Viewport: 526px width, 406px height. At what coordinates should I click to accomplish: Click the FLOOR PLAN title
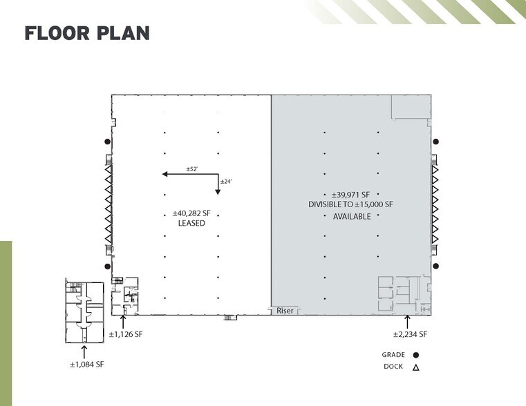coord(87,33)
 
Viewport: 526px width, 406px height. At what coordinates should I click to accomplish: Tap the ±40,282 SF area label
coord(191,213)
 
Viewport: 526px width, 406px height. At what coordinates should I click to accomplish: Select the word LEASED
coord(191,223)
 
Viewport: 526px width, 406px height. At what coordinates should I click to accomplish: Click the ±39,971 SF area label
coord(350,195)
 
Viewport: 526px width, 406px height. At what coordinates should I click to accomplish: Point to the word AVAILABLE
coord(352,216)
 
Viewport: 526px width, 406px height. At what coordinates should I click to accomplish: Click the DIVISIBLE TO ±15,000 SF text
coord(350,204)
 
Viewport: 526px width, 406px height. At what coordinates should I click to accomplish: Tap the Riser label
coord(285,311)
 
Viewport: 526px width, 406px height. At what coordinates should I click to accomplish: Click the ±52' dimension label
coord(192,169)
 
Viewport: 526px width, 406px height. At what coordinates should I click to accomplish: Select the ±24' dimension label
coord(226,182)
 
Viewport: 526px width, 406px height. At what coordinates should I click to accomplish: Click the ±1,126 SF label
coord(126,334)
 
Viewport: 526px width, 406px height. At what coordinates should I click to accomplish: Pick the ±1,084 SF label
coord(87,365)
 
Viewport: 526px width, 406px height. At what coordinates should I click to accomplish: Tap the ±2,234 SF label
coord(411,334)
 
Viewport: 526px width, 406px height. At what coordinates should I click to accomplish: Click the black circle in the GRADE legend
coord(416,355)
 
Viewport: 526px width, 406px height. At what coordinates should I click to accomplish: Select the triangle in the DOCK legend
coord(416,367)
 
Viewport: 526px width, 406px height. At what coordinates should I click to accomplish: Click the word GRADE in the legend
coord(393,355)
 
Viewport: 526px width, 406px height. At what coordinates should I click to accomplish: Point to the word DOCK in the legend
coord(393,367)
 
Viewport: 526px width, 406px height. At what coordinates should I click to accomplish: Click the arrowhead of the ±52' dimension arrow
coord(165,174)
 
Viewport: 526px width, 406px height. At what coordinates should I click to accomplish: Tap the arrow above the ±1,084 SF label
coord(84,352)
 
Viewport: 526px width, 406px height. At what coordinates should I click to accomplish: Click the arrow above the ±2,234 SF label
coord(407,322)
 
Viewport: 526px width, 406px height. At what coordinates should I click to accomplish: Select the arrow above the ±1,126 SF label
coord(123,322)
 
